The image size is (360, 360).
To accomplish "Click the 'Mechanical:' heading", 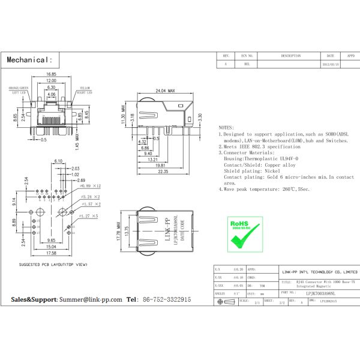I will point(30,60).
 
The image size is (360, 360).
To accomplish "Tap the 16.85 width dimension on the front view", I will point(51,74).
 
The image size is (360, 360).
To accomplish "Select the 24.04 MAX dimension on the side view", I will point(164,91).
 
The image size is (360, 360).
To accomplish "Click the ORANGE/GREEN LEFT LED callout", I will point(18,91).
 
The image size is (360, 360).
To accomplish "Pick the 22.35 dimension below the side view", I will point(163,172).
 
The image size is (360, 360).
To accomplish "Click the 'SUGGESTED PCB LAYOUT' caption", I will point(53,265).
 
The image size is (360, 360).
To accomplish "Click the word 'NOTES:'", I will point(226,128).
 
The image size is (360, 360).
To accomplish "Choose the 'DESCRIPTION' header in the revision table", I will point(290,55).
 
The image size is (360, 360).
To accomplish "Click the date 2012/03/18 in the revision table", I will point(331,63).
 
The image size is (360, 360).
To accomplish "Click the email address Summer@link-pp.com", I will point(90,299).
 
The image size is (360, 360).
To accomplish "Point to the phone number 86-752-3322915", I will point(166,299).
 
